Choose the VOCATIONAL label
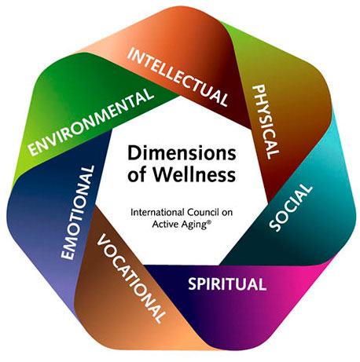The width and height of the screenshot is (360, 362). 130,280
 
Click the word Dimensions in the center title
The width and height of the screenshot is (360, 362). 180,153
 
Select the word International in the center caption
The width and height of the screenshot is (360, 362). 155,211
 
